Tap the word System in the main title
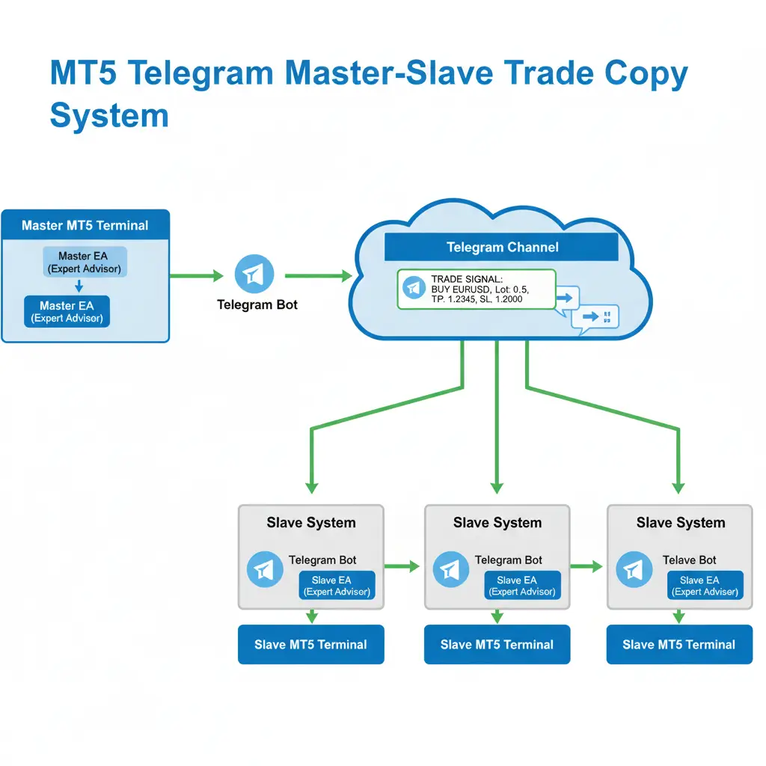(x=109, y=117)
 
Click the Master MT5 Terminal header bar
(x=85, y=225)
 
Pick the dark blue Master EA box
(x=67, y=311)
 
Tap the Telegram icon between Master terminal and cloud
(x=254, y=275)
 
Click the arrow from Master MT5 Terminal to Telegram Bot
(x=197, y=276)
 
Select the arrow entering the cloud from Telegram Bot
(x=318, y=276)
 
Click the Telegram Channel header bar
(x=501, y=247)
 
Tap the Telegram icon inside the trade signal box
(x=412, y=288)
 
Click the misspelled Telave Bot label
(x=689, y=560)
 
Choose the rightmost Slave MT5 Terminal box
(x=679, y=645)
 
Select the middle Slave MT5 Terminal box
(x=497, y=645)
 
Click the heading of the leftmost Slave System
(x=310, y=523)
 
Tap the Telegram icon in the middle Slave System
(x=450, y=570)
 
